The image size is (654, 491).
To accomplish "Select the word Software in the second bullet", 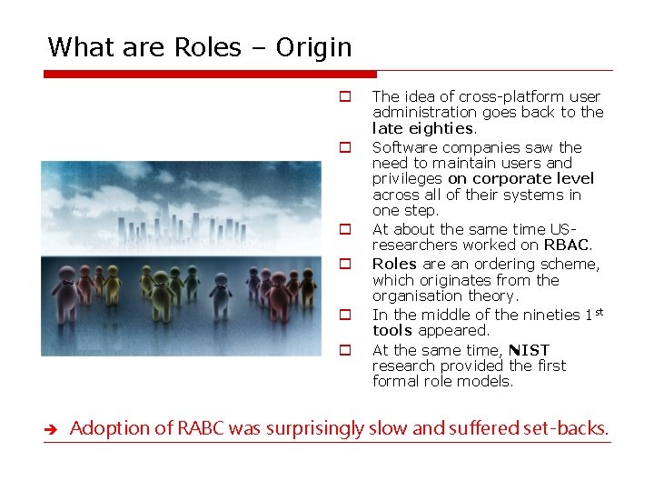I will pos(403,147).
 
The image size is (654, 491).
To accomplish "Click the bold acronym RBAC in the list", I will pos(567,245).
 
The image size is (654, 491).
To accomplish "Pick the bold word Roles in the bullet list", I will pos(394,264).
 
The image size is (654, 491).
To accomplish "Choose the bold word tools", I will pos(392,330).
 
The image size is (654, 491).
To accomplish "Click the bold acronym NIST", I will pos(529,350).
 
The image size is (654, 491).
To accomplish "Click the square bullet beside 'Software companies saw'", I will pos(345,146).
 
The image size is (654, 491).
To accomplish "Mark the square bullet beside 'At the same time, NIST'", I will pos(345,349).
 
